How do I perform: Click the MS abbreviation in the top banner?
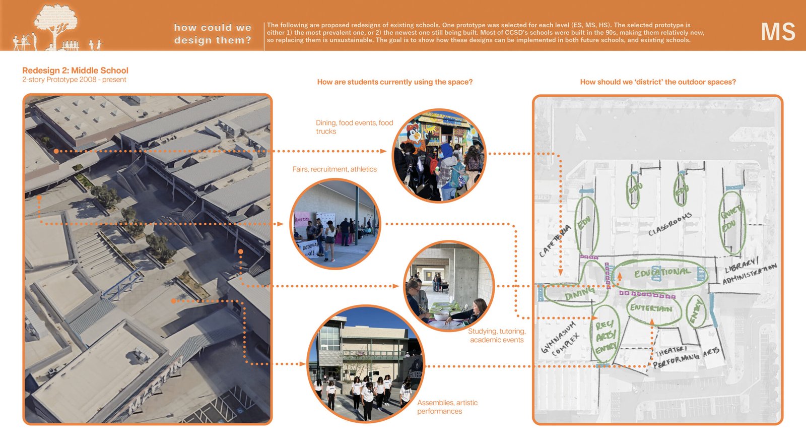pyautogui.click(x=777, y=32)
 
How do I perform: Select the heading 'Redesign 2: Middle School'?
pyautogui.click(x=75, y=71)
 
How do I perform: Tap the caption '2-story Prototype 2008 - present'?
pyautogui.click(x=74, y=80)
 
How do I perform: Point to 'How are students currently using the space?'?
pyautogui.click(x=394, y=82)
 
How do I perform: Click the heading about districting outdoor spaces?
pyautogui.click(x=657, y=82)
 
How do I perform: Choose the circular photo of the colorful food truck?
pyautogui.click(x=439, y=155)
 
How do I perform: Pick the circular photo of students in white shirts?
pyautogui.click(x=366, y=364)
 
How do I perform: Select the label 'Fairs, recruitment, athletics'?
pyautogui.click(x=334, y=169)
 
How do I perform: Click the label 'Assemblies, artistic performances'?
pyautogui.click(x=447, y=407)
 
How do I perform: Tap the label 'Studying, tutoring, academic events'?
pyautogui.click(x=496, y=335)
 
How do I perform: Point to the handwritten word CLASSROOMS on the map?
pyautogui.click(x=669, y=224)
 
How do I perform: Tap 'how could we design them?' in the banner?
pyautogui.click(x=213, y=34)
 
